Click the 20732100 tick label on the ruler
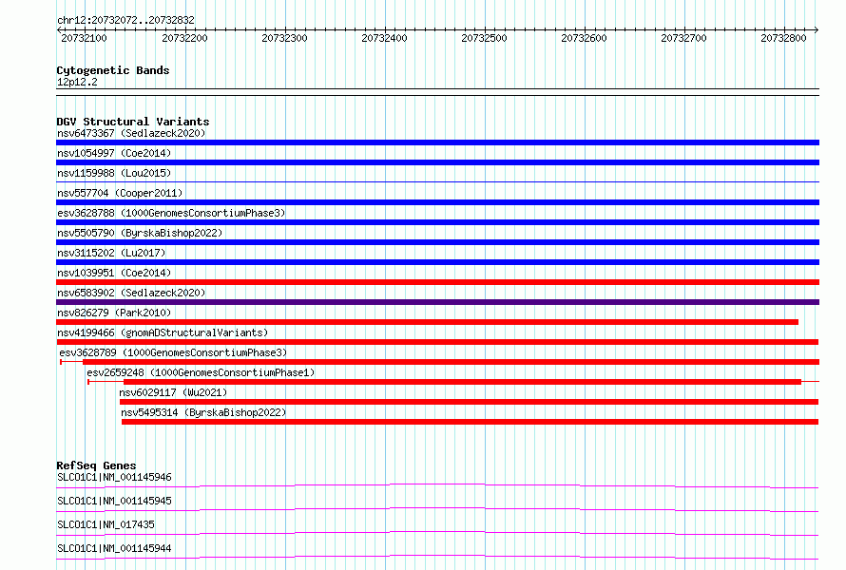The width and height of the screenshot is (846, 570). [84, 38]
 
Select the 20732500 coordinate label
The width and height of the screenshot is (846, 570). [484, 38]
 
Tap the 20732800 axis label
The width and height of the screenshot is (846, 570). [783, 38]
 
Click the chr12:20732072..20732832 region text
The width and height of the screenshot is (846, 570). [125, 21]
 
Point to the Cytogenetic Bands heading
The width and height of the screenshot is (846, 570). [113, 70]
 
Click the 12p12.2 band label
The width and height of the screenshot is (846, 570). [77, 82]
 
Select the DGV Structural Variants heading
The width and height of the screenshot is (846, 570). [133, 122]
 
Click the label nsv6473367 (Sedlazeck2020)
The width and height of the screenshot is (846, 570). [131, 133]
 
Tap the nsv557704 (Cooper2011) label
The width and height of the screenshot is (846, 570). [120, 193]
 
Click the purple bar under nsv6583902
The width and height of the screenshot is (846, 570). [437, 302]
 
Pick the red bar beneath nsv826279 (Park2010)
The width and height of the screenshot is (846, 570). [428, 322]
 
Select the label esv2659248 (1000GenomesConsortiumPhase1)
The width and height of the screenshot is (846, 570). [201, 372]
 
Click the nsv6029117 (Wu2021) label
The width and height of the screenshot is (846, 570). [173, 392]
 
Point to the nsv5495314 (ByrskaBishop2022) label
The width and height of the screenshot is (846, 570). [203, 412]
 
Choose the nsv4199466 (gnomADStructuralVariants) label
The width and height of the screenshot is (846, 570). [163, 332]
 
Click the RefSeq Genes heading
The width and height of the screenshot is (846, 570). [96, 465]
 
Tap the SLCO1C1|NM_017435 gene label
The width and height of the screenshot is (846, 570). [106, 524]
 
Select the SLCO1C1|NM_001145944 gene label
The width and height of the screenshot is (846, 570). [114, 548]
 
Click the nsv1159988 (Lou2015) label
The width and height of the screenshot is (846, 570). [114, 173]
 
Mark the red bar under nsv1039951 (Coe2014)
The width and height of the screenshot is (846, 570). [437, 282]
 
